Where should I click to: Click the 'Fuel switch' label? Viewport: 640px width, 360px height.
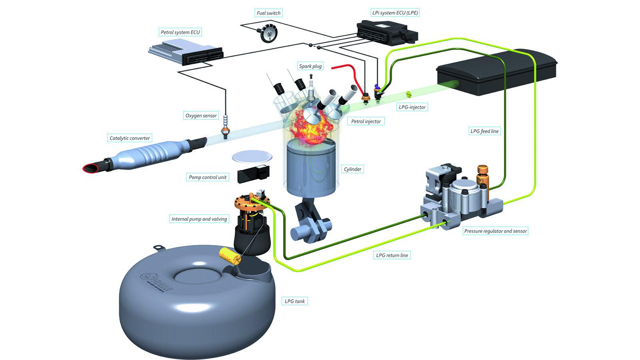268,13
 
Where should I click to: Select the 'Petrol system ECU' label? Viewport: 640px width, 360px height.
180,32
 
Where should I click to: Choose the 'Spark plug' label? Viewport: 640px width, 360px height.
310,66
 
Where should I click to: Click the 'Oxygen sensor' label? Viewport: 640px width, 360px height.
201,116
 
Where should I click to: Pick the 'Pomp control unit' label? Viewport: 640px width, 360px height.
208,177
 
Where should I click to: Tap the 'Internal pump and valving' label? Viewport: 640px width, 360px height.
199,219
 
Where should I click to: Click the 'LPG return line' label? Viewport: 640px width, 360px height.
392,255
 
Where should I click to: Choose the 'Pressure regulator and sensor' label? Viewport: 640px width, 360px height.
495,231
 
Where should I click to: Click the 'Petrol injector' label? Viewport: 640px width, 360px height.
366,121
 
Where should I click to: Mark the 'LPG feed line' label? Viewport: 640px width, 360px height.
484,131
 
